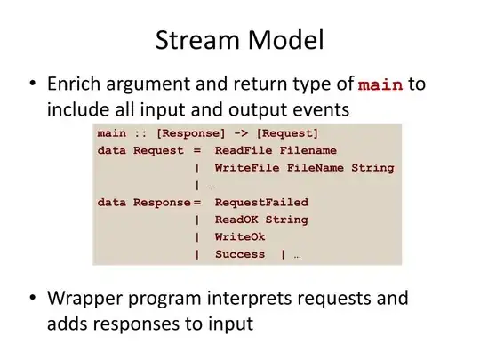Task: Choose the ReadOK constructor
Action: (236, 219)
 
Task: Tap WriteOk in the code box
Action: (239, 236)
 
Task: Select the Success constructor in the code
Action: (239, 253)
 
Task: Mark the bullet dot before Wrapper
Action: (32, 299)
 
